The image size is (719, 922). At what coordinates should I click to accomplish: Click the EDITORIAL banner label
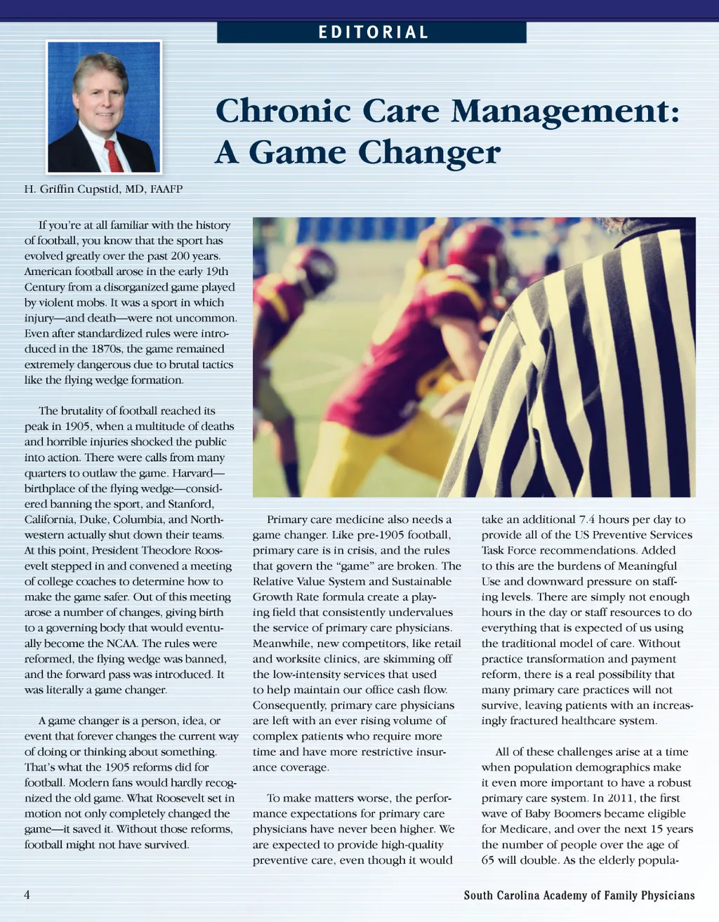373,32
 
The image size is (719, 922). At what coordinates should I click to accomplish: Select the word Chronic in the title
283,111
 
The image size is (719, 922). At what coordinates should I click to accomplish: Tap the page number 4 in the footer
27,895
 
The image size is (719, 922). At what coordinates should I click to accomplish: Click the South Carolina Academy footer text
579,895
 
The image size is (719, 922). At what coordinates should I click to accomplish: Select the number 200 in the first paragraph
182,256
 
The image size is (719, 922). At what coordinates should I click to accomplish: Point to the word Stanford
191,504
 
